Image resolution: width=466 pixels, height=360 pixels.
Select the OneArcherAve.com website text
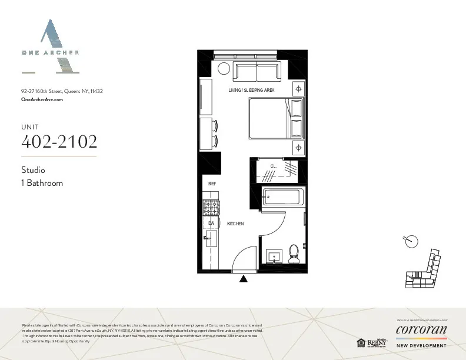point(42,100)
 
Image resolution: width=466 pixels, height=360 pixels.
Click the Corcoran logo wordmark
point(421,329)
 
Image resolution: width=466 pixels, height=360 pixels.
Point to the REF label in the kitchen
point(212,184)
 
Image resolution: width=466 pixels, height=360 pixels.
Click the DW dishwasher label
point(211,224)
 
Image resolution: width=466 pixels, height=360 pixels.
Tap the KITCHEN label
point(235,224)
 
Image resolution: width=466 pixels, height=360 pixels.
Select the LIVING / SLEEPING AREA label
point(251,90)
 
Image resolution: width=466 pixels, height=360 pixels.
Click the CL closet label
point(273,166)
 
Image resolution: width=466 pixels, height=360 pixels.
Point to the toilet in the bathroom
point(294,254)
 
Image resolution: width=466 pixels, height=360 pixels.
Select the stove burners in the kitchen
point(211,207)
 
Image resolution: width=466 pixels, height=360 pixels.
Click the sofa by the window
point(257,72)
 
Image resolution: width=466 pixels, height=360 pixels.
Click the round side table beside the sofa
point(224,69)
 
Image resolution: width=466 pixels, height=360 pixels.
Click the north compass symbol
point(412,240)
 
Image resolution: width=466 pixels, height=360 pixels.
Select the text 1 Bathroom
point(42,183)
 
